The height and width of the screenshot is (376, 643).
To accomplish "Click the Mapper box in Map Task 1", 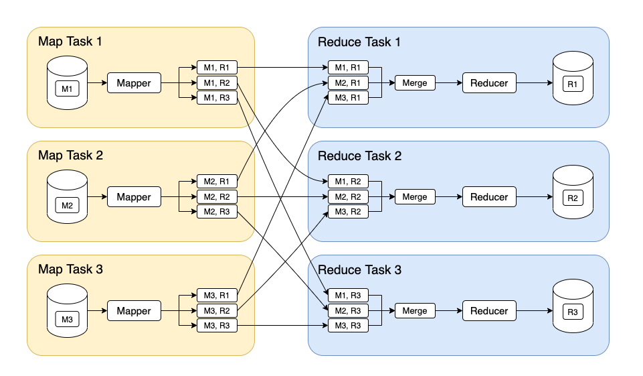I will [134, 83].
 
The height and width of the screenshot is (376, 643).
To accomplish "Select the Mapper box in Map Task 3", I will [134, 311].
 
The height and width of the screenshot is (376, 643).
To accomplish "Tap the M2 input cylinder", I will [67, 197].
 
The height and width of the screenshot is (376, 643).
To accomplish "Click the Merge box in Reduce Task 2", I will [415, 197].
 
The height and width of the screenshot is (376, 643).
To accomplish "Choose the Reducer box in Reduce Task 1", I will [489, 83].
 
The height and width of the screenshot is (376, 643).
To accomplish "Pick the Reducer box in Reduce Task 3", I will [489, 311].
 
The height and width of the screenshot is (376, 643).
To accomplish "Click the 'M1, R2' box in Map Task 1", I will [217, 83].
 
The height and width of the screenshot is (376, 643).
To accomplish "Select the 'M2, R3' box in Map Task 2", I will [217, 212].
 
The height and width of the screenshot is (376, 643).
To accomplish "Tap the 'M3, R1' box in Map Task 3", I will [217, 296].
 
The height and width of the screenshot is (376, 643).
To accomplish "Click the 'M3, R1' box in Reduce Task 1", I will [348, 99].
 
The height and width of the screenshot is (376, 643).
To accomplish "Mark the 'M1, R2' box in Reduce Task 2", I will [348, 182].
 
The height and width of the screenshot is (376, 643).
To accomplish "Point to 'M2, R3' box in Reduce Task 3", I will [348, 311].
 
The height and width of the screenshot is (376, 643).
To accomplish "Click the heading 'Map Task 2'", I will [70, 155].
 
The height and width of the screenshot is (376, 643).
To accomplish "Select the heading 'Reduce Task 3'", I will [359, 269].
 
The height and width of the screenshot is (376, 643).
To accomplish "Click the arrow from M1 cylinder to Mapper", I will [98, 83].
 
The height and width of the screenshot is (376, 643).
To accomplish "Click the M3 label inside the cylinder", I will [67, 319].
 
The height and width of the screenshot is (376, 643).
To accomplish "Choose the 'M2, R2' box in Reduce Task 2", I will [348, 197].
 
